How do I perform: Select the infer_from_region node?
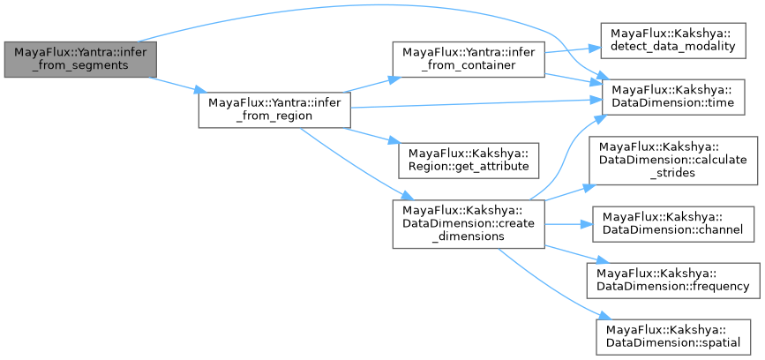pos(274,108)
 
